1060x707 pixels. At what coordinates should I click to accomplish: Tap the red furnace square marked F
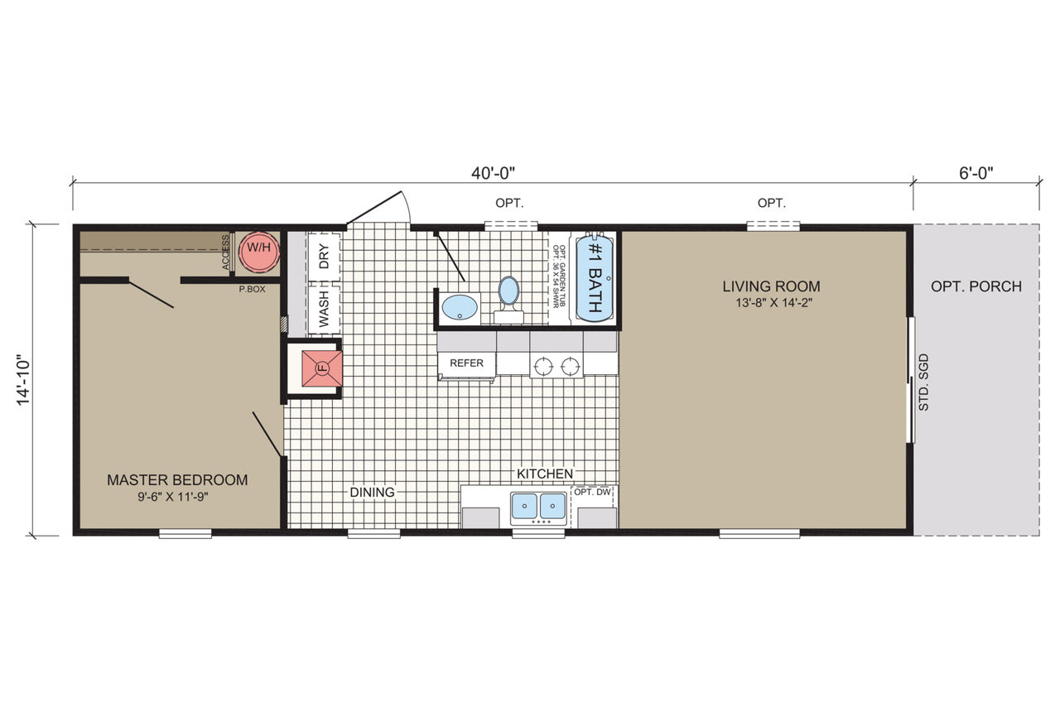[322, 368]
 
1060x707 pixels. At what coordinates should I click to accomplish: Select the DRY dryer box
[324, 256]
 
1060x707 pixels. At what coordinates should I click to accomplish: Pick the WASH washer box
[324, 309]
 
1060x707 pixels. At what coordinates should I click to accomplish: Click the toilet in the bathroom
[508, 299]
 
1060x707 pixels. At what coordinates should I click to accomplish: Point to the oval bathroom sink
[459, 307]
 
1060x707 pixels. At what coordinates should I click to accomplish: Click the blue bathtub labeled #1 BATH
[595, 279]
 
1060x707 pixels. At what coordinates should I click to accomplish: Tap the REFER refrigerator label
[466, 363]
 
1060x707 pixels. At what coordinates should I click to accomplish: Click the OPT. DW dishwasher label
[592, 492]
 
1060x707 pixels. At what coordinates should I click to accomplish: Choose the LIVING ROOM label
[771, 286]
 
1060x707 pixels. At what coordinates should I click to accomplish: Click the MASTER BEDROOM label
[177, 480]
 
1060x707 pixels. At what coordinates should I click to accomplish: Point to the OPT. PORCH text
[976, 286]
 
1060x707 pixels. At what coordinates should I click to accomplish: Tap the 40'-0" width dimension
[493, 173]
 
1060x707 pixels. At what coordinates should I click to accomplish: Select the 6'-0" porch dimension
[976, 173]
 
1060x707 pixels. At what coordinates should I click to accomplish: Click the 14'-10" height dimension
[23, 380]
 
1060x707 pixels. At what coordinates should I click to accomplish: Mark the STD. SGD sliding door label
[923, 382]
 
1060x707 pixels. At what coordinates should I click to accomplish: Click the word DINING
[372, 492]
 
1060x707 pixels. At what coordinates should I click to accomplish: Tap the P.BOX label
[253, 289]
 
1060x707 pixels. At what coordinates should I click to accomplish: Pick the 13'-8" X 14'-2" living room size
[773, 303]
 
